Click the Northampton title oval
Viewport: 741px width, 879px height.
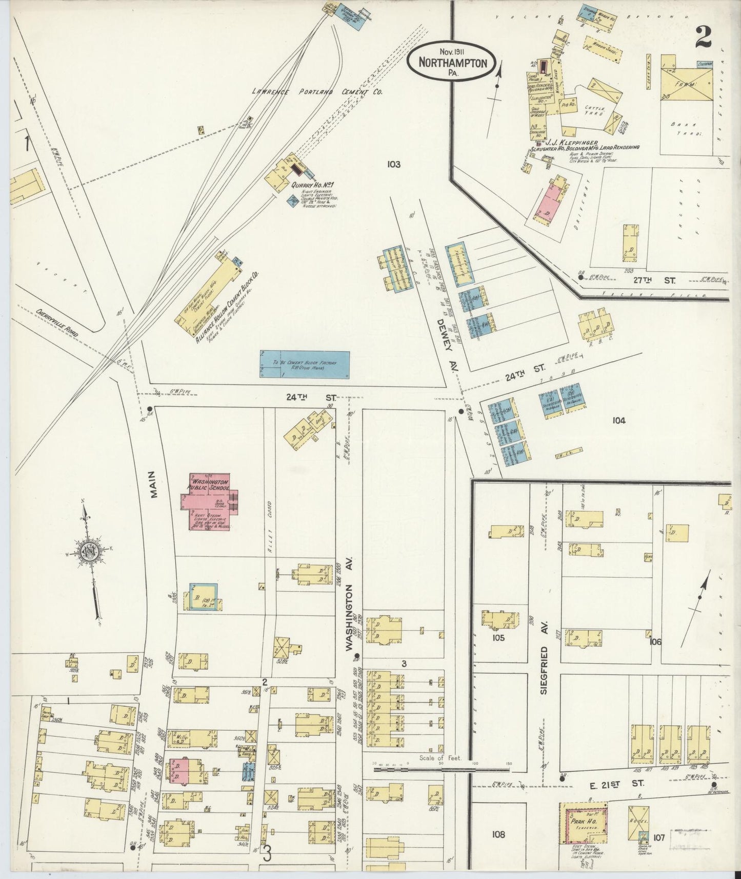click(x=451, y=61)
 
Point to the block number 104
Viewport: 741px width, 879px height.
click(x=619, y=421)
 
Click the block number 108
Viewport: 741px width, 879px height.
click(x=498, y=834)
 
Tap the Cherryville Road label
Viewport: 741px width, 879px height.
click(x=56, y=322)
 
